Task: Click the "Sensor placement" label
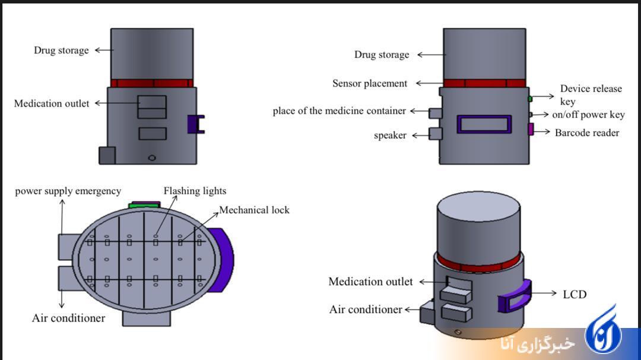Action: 370,84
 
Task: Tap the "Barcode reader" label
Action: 586,133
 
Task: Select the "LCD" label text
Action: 574,294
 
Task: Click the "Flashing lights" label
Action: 195,191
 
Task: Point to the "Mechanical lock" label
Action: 255,210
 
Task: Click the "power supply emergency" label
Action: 68,191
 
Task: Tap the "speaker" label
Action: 390,136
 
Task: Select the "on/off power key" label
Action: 588,115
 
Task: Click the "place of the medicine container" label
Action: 339,111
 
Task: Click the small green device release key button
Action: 529,98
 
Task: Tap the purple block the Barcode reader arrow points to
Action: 531,129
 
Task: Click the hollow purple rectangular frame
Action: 484,124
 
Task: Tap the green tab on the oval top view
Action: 145,205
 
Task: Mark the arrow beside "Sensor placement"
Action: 429,84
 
